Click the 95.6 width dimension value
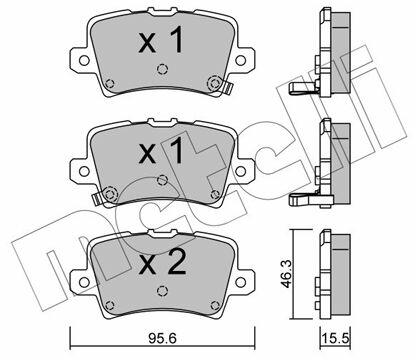(x=163, y=339)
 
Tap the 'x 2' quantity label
(x=162, y=262)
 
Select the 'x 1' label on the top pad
(x=161, y=40)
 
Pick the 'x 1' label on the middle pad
(x=161, y=151)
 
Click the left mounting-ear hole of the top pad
(x=84, y=60)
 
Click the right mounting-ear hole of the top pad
(x=240, y=60)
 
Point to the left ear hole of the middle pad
(x=84, y=171)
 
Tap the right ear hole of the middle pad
(x=240, y=171)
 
